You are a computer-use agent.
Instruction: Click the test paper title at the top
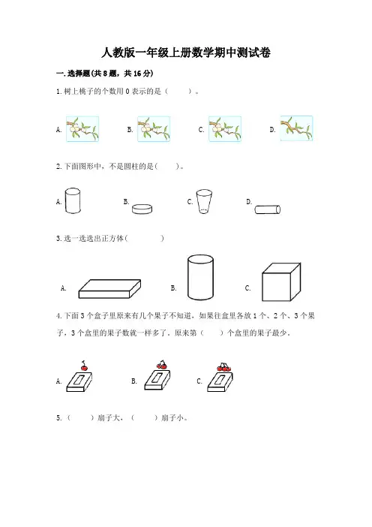pyautogui.click(x=186, y=53)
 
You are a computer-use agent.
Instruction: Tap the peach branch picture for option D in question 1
pyautogui.click(x=296, y=128)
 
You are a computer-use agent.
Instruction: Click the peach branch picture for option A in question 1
pyautogui.click(x=82, y=129)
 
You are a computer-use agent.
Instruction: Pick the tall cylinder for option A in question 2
pyautogui.click(x=73, y=200)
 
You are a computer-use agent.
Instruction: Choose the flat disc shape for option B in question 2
pyautogui.click(x=142, y=209)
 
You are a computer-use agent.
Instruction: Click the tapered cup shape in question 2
pyautogui.click(x=204, y=202)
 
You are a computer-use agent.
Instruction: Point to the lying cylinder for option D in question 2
pyautogui.click(x=268, y=209)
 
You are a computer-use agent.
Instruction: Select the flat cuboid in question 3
pyautogui.click(x=109, y=289)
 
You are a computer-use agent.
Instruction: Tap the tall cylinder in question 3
pyautogui.click(x=200, y=277)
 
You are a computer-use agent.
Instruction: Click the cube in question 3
pyautogui.click(x=281, y=282)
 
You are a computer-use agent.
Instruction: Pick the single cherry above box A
pyautogui.click(x=84, y=366)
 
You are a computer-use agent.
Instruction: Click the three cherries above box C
pyautogui.click(x=224, y=366)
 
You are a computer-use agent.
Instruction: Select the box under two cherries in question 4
pyautogui.click(x=157, y=380)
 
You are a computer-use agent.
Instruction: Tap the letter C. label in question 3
pyautogui.click(x=248, y=288)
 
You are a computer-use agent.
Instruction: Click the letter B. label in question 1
pyautogui.click(x=130, y=130)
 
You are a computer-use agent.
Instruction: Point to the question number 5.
pyautogui.click(x=59, y=418)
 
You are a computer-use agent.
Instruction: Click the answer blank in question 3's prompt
pyautogui.click(x=145, y=238)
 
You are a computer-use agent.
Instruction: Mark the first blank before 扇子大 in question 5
pyautogui.click(x=80, y=418)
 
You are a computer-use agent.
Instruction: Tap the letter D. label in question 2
pyautogui.click(x=249, y=202)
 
